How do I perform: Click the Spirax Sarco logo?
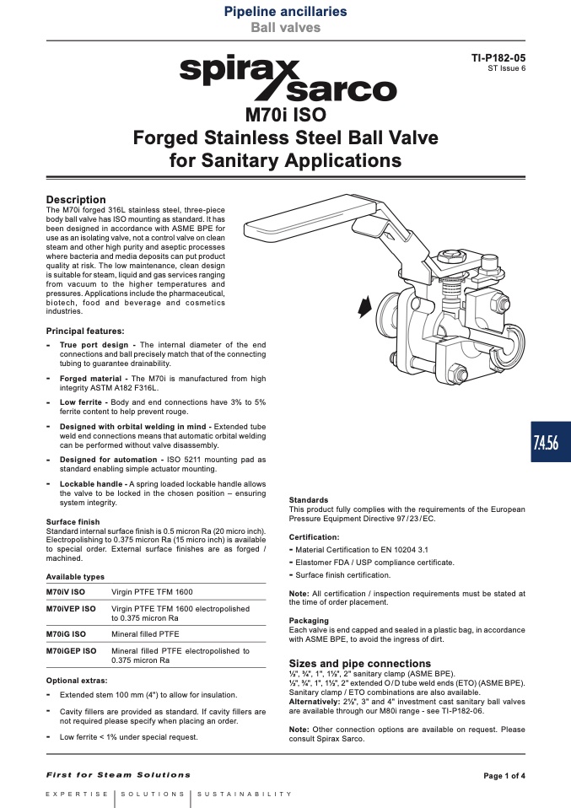288,80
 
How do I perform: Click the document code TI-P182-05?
498,57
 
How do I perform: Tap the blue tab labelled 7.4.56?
551,442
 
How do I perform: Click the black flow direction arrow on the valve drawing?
364,307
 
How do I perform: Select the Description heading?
76,199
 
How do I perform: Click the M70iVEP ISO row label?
71,609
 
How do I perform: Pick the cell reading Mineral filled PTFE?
145,633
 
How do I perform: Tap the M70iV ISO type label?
66,591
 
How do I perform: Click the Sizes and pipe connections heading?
359,663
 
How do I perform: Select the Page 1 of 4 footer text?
504,776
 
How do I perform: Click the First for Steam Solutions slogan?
118,774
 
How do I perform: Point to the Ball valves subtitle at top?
285,27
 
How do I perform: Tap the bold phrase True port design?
94,345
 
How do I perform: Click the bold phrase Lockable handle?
91,484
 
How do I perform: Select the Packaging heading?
309,621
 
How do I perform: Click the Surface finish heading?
73,521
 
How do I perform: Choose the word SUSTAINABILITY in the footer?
245,795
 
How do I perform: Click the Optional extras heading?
77,680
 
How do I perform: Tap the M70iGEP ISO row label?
71,651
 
